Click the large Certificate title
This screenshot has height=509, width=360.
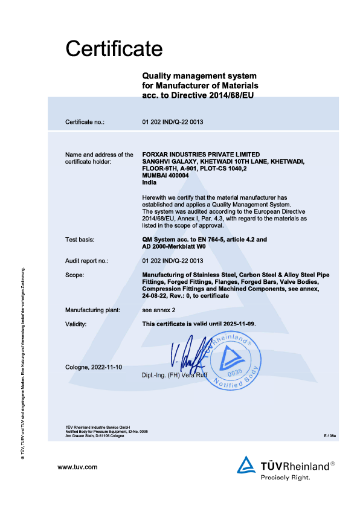(114, 48)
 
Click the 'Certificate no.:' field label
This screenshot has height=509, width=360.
(85, 123)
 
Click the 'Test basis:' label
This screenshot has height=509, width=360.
(80, 240)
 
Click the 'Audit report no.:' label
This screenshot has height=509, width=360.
(86, 260)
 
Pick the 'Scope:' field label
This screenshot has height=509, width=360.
(75, 275)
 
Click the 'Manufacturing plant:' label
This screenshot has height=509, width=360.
(92, 310)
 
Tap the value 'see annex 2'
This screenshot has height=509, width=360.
(159, 310)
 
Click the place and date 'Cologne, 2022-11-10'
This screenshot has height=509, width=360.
(93, 367)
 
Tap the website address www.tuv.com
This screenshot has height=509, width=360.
(77, 467)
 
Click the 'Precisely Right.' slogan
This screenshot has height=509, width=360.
(285, 477)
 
